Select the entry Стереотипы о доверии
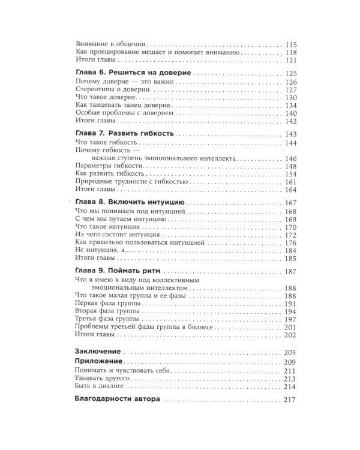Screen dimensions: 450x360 [x=109, y=89]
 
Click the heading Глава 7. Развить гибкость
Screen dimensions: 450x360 [x=125, y=134]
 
